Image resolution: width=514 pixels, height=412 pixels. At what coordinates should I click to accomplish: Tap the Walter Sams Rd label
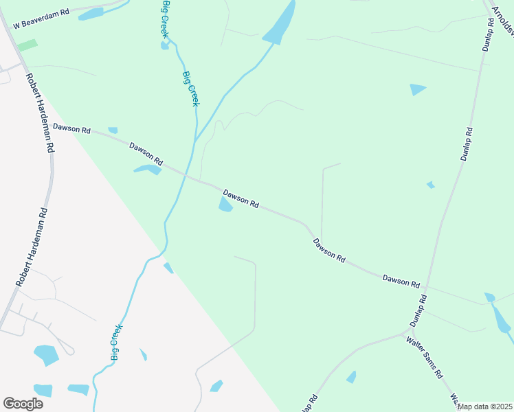[426, 357]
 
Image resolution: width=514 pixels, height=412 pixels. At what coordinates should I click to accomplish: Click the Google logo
[23, 403]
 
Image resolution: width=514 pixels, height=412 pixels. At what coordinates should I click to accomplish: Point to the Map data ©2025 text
[485, 407]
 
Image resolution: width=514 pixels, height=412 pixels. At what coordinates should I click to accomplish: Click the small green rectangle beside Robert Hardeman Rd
[27, 45]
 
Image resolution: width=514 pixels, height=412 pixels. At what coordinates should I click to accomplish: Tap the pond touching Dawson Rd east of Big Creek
[225, 205]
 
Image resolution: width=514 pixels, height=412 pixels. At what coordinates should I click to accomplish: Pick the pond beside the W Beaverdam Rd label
[91, 14]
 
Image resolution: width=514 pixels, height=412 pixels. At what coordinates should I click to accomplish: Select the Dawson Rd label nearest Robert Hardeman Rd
[71, 128]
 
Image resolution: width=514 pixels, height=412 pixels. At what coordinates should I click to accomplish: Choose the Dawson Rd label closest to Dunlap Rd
[401, 279]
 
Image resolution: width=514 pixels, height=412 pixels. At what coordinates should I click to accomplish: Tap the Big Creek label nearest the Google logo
[116, 342]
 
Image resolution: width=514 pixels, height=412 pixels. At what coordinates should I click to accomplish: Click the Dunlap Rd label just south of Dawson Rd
[418, 310]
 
